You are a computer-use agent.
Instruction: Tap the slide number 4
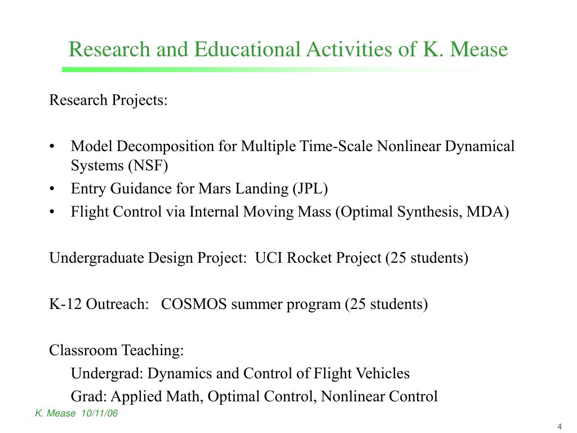point(560,426)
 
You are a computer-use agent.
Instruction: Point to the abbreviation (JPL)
point(309,189)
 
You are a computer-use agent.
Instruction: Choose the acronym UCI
point(269,258)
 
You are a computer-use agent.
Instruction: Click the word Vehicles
point(384,373)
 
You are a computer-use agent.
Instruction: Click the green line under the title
point(225,70)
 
